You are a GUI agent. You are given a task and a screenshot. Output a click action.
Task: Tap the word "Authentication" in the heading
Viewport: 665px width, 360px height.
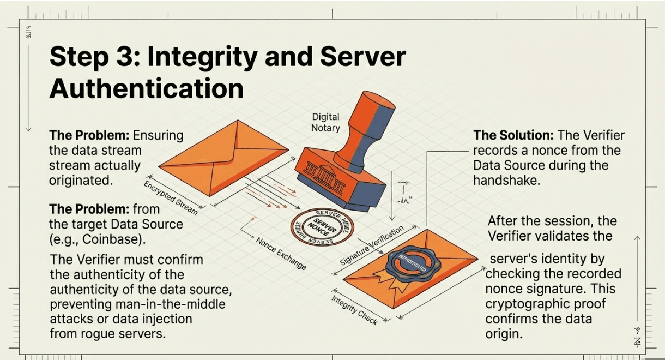coord(146,88)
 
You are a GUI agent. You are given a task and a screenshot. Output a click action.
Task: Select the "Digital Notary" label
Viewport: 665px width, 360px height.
coord(325,122)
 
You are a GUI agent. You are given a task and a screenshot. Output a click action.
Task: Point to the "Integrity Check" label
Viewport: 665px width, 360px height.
coord(354,309)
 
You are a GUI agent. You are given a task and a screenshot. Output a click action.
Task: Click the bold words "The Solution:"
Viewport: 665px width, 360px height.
coord(513,135)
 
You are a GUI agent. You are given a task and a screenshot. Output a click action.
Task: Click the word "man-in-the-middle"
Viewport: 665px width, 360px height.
coord(175,304)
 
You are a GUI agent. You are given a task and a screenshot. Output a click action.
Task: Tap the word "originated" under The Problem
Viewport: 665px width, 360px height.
coord(81,180)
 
